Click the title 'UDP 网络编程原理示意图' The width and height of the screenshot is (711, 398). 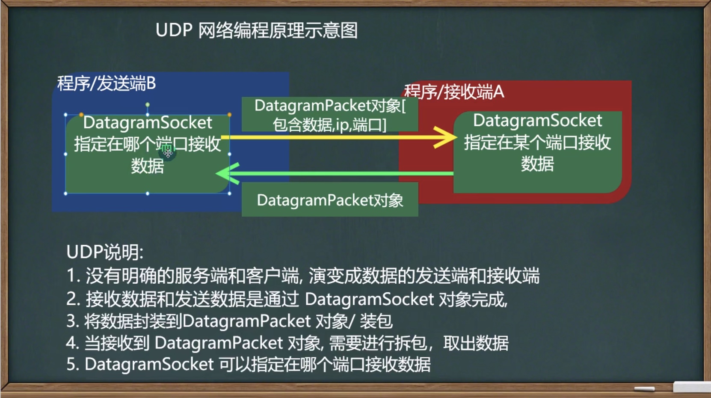(x=257, y=30)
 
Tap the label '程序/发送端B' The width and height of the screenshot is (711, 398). (x=107, y=83)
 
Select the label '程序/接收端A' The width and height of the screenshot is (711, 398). (x=454, y=92)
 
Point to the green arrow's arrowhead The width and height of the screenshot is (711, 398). (x=228, y=173)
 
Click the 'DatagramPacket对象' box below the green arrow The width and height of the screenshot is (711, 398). (x=330, y=199)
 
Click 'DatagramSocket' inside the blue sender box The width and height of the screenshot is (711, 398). (x=148, y=122)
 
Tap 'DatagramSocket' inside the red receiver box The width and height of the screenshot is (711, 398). (x=537, y=120)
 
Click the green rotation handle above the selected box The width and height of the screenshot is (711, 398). (x=147, y=104)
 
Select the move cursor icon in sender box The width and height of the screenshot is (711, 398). (x=168, y=153)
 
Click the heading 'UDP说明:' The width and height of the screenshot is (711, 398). (x=105, y=252)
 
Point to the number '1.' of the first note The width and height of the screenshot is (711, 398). (x=73, y=276)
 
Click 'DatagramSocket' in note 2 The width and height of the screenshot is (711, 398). (x=370, y=299)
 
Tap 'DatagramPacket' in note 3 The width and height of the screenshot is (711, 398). (x=246, y=321)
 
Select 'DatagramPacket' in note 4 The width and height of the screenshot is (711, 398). (x=219, y=343)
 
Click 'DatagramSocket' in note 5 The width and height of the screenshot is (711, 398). (x=149, y=364)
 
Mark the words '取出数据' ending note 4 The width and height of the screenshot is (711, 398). (x=476, y=343)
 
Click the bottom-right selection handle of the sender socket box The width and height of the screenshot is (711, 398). (x=229, y=193)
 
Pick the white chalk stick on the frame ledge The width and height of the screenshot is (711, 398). (x=644, y=389)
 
